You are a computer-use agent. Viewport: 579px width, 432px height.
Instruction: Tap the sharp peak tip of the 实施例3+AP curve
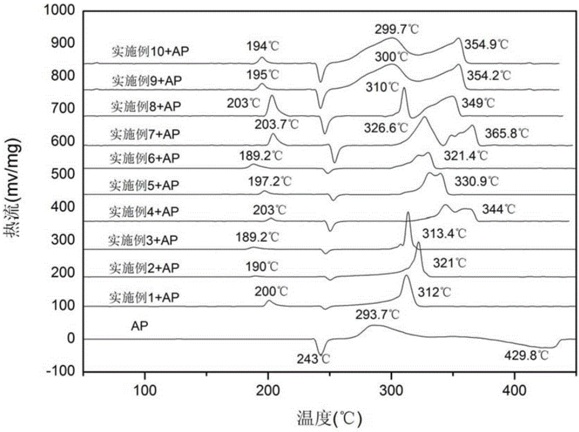[408, 213]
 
